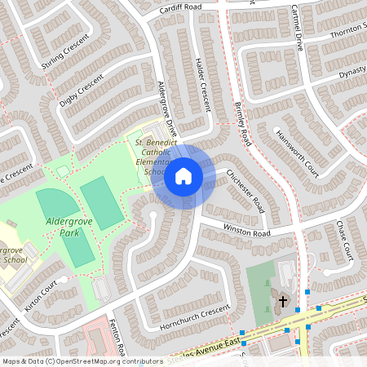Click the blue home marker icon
[183, 175]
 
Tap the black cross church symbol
[283, 302]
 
